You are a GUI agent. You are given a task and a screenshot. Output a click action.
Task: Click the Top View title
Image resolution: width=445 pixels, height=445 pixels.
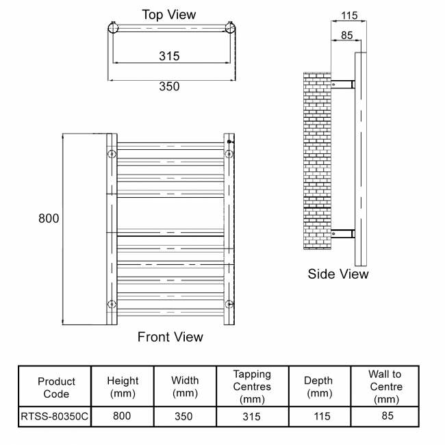(168, 14)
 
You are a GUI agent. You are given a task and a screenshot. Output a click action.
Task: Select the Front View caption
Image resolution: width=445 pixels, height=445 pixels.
(170, 337)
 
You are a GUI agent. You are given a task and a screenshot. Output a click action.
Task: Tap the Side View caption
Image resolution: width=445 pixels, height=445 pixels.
(338, 274)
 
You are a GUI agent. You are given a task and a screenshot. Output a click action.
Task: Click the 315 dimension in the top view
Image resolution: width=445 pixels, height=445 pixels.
(169, 56)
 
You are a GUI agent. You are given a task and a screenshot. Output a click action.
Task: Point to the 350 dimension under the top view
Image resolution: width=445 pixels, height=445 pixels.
(169, 86)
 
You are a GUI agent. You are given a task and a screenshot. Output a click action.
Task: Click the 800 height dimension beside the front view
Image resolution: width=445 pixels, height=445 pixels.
(49, 218)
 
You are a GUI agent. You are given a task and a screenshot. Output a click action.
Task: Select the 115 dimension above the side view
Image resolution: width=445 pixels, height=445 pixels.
(349, 14)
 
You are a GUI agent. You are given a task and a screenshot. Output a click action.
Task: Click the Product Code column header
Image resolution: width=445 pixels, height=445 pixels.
(56, 387)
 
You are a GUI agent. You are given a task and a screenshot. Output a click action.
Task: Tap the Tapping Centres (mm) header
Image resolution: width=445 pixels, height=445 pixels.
(252, 387)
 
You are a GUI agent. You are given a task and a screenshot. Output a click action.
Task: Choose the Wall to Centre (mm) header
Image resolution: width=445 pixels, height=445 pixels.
(385, 387)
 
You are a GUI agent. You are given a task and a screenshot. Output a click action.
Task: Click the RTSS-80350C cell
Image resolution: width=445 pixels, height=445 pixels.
(55, 416)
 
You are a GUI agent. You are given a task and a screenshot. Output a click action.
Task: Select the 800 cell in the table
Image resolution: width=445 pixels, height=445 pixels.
(123, 416)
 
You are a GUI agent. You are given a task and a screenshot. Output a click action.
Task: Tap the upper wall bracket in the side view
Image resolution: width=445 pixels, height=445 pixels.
(343, 84)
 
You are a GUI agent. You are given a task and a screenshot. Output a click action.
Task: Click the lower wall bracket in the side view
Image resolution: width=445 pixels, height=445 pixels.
(343, 233)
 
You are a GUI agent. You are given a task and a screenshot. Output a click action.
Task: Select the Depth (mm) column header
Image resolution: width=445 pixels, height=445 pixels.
(318, 387)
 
